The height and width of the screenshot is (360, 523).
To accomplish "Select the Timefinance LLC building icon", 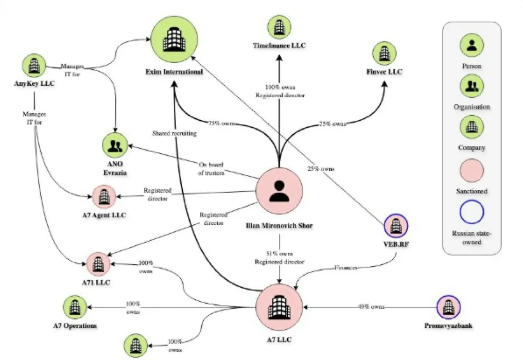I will pos(279,27).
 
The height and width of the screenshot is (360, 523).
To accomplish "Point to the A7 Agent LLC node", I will pos(104,196).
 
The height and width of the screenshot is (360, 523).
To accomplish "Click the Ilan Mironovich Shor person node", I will pos(280,191).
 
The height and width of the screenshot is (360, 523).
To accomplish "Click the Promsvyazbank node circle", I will pos(448,308).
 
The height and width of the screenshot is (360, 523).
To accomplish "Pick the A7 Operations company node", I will pos(75,307).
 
